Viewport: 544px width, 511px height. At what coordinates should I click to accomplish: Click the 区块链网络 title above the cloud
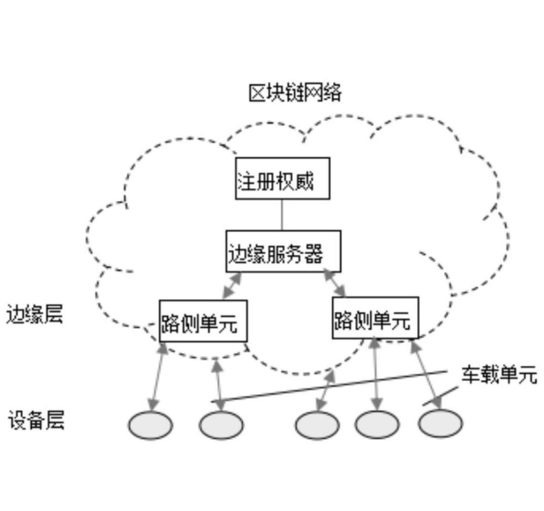tap(295, 93)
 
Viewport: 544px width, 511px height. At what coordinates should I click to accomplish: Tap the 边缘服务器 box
tap(283, 251)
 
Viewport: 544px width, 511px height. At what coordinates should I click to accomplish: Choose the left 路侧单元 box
tap(203, 321)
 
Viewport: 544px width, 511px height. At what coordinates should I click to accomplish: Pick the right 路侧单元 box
tap(375, 318)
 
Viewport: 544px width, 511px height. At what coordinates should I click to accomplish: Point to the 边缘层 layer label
tap(34, 315)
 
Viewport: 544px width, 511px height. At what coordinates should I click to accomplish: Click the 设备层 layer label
tap(36, 420)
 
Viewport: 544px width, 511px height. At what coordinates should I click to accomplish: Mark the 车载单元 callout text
tap(498, 375)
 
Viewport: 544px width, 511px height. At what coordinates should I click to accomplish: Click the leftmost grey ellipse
tap(150, 425)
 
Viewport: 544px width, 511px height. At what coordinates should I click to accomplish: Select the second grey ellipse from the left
tap(221, 425)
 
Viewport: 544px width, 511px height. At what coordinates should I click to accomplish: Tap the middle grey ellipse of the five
tap(317, 425)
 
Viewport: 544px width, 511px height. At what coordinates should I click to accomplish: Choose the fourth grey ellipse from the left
tap(377, 425)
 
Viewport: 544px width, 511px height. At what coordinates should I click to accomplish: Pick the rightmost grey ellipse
tap(440, 424)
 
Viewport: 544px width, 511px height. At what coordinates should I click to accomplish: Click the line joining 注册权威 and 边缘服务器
tap(282, 215)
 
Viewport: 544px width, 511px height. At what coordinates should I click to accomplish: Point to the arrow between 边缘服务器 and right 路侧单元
tap(335, 284)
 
